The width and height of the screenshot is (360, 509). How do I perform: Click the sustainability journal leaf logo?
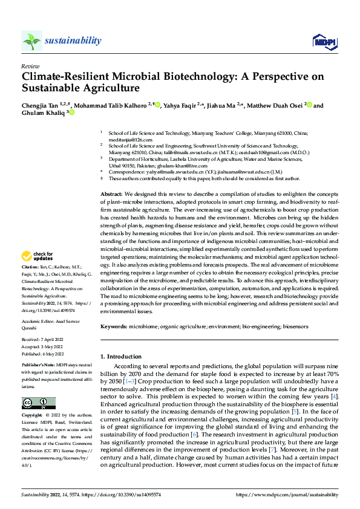click(31, 41)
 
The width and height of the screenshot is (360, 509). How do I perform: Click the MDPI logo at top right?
click(323, 41)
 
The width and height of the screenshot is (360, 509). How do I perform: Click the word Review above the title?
click(30, 66)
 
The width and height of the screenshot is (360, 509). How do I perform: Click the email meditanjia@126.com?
click(130, 139)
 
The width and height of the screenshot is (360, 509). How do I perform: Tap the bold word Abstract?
click(111, 192)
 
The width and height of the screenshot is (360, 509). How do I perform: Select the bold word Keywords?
click(114, 326)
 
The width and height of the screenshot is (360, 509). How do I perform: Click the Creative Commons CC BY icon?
click(38, 404)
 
